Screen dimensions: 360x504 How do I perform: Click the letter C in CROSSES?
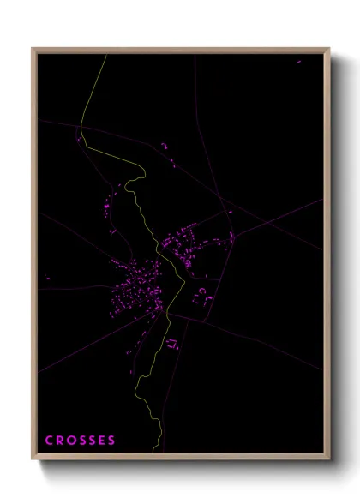tap(49, 441)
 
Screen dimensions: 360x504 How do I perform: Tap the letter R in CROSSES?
tap(60, 441)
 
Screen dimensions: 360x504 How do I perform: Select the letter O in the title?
tap(71, 441)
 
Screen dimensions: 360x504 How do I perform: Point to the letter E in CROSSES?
tap(102, 441)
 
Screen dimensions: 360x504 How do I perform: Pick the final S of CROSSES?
tap(111, 441)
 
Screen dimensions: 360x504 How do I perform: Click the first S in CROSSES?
tap(82, 441)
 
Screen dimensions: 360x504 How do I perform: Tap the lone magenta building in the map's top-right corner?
tap(299, 62)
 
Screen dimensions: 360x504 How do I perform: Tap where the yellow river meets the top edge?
tap(105, 56)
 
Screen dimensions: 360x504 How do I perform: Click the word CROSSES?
tap(80, 441)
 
